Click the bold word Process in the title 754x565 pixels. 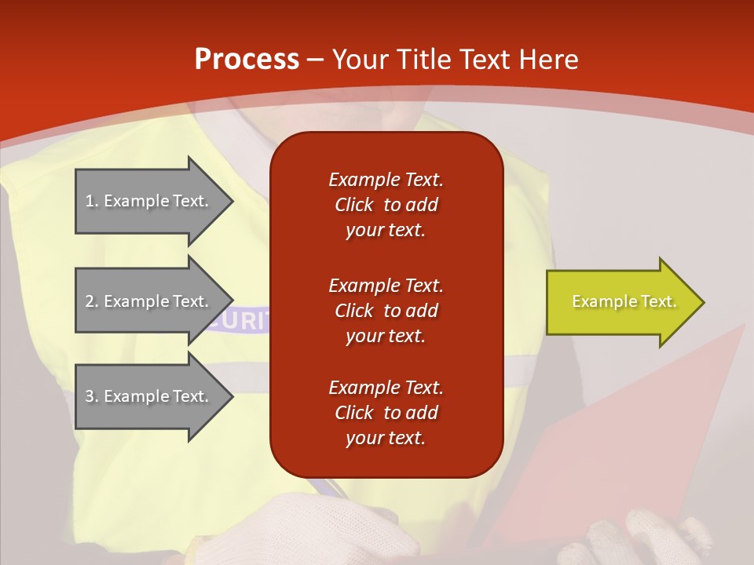pyautogui.click(x=247, y=60)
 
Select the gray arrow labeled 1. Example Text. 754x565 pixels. pyautogui.click(x=149, y=201)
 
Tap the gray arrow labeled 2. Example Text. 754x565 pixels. pyautogui.click(x=149, y=301)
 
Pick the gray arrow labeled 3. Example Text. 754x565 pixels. pyautogui.click(x=149, y=396)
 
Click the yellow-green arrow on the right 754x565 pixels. pyautogui.click(x=620, y=301)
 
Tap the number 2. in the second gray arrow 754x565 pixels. pyautogui.click(x=92, y=301)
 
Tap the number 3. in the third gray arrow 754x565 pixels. pyautogui.click(x=92, y=396)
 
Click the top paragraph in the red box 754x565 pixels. pyautogui.click(x=386, y=205)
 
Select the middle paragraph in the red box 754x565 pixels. pyautogui.click(x=386, y=310)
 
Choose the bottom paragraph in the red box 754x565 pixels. pyautogui.click(x=386, y=413)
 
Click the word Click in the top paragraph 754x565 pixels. pyautogui.click(x=354, y=205)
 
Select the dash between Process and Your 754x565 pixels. pyautogui.click(x=315, y=60)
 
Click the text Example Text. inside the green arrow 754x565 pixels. pyautogui.click(x=624, y=301)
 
